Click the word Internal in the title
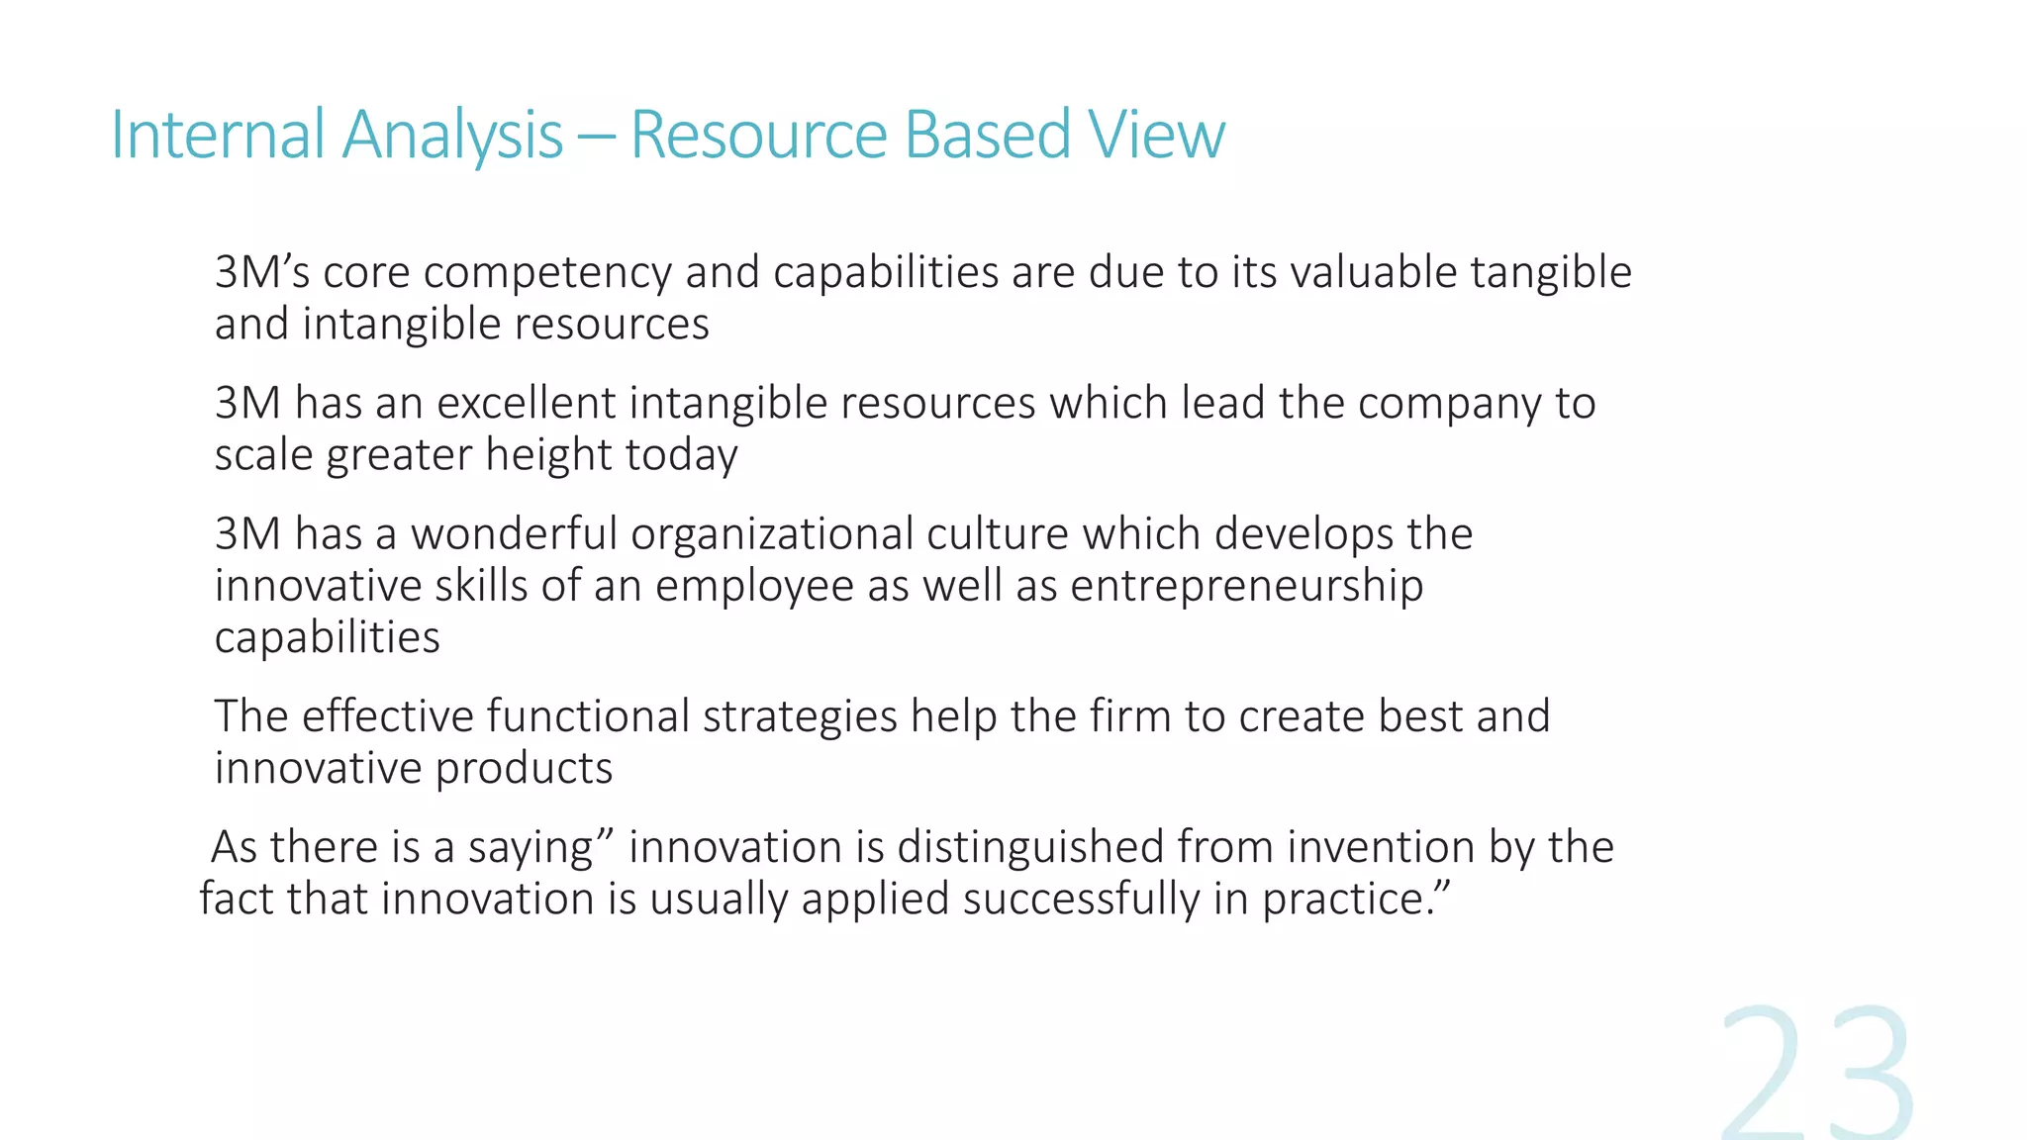coord(217,135)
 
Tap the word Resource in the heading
coord(758,135)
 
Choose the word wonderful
coord(514,534)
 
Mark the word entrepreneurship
coord(1246,586)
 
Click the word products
coord(524,769)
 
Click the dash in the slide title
coord(596,137)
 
